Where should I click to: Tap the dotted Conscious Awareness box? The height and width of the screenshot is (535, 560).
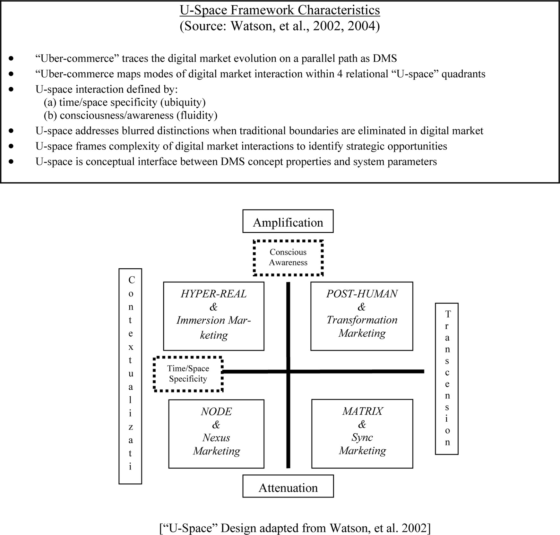(288, 257)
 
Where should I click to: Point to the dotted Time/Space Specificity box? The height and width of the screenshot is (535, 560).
(188, 374)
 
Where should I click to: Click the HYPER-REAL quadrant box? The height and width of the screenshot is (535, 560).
(213, 316)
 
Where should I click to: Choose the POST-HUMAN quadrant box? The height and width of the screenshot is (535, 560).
(362, 316)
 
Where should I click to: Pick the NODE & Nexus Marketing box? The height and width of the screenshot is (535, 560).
(216, 434)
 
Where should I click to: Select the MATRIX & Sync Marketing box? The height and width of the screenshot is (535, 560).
(362, 433)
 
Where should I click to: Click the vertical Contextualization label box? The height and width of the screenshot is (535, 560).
(130, 376)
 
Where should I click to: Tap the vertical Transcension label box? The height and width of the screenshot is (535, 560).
(447, 379)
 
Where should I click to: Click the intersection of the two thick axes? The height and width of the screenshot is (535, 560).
(288, 371)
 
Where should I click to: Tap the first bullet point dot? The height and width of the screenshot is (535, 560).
(12, 58)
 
